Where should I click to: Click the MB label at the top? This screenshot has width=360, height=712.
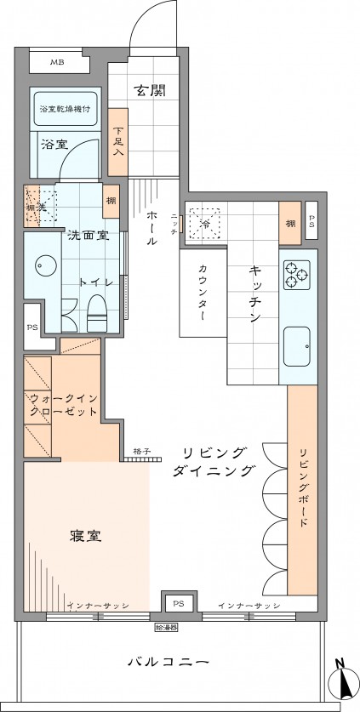pyautogui.click(x=56, y=62)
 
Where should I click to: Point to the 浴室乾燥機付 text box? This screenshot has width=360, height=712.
pyautogui.click(x=66, y=110)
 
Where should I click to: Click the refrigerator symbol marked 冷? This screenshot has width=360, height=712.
pyautogui.click(x=204, y=223)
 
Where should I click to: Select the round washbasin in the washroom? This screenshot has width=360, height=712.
pyautogui.click(x=43, y=265)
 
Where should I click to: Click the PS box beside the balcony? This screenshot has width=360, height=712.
pyautogui.click(x=178, y=603)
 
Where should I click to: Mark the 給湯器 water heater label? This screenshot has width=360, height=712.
pyautogui.click(x=168, y=628)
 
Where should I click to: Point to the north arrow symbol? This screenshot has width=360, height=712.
pyautogui.click(x=345, y=681)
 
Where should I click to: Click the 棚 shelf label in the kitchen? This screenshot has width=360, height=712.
pyautogui.click(x=290, y=223)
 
